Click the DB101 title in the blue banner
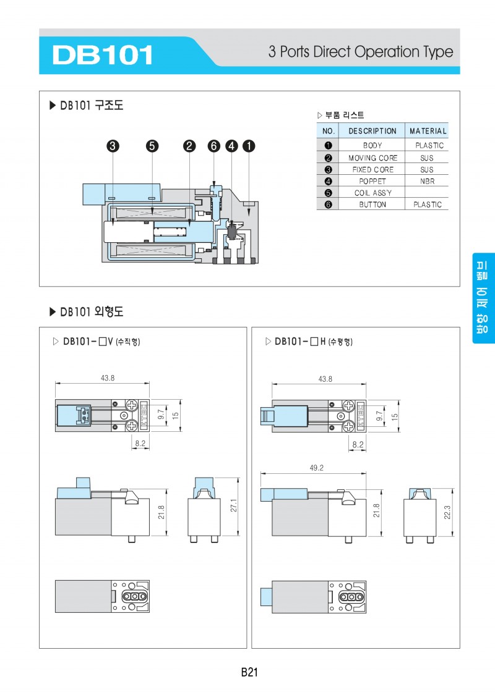[103, 54]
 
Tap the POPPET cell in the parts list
[372, 181]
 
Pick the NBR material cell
[428, 181]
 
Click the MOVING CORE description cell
[372, 158]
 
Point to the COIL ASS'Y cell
[372, 193]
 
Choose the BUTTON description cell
[372, 205]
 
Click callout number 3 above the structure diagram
[113, 146]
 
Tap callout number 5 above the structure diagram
[152, 146]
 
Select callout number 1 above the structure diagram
[248, 146]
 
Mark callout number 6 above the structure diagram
[213, 146]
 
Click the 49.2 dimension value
[316, 468]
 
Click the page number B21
[249, 672]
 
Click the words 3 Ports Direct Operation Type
[360, 52]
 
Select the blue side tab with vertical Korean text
[483, 298]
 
